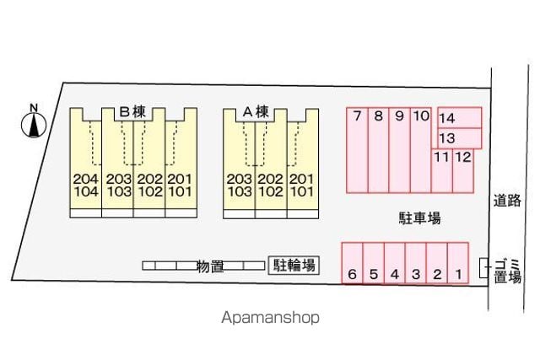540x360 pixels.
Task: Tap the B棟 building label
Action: tap(132, 112)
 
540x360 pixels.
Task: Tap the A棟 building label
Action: tap(256, 112)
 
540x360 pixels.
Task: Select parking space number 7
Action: tap(357, 150)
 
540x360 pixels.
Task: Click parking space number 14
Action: tap(460, 118)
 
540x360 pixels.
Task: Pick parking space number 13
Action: tap(460, 138)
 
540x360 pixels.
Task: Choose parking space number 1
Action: tap(458, 263)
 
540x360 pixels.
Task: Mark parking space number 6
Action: tap(353, 263)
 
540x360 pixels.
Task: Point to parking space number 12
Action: tap(463, 170)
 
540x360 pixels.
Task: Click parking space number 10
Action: tap(421, 150)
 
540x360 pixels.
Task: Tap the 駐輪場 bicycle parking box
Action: tap(294, 266)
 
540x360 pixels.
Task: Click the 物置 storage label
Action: tap(210, 266)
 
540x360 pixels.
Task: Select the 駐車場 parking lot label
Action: tap(419, 218)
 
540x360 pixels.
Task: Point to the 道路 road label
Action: tap(507, 201)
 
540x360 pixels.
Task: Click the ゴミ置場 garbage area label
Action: tap(507, 271)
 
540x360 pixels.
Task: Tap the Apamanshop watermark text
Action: tap(270, 317)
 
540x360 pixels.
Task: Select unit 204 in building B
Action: tap(86, 179)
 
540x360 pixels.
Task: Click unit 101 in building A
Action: tap(302, 191)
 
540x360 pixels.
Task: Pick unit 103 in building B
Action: tap(119, 191)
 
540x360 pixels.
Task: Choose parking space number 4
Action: tap(395, 263)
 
